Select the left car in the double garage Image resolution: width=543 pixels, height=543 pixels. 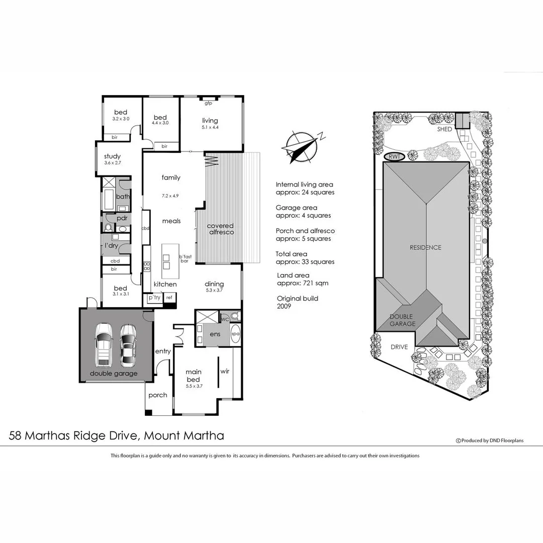(104, 344)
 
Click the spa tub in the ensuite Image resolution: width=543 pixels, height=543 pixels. (235, 334)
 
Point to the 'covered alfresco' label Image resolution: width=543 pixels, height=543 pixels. (220, 229)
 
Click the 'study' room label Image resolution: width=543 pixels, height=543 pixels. (112, 156)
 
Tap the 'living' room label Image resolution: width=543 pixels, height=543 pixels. (210, 121)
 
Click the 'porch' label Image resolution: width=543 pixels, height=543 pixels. (158, 395)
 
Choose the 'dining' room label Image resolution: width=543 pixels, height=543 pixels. (214, 284)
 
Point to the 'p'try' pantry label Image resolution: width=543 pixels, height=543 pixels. (153, 298)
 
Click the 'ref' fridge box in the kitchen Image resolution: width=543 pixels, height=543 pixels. (169, 298)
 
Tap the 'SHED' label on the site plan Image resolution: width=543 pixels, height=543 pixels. (444, 129)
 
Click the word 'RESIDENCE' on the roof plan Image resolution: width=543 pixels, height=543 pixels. (425, 247)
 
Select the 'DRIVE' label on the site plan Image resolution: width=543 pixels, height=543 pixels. (400, 347)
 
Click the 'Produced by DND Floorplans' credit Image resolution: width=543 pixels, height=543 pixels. (490, 440)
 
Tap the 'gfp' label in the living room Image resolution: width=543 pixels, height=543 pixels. (208, 104)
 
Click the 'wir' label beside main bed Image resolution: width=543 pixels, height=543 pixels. (225, 372)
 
